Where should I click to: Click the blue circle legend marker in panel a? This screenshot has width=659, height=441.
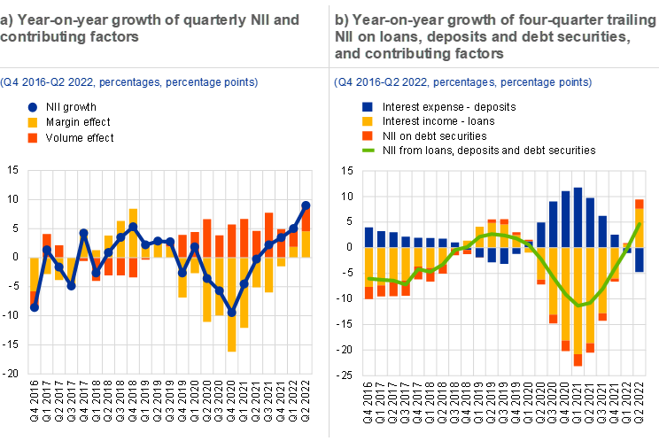tap(33, 107)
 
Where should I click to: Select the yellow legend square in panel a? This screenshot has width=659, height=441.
tap(33, 122)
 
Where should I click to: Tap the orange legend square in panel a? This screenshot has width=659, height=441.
tap(33, 137)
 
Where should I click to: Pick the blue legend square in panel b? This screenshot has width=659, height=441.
tap(368, 106)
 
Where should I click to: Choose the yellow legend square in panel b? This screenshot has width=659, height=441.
tap(368, 121)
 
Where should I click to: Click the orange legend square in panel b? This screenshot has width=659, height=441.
tap(368, 135)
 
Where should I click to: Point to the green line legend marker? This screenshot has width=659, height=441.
tap(368, 151)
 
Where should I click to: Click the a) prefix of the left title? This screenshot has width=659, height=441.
tap(8, 19)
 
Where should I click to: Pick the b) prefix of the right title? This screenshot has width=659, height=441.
tap(341, 19)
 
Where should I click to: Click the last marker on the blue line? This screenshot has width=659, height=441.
tap(306, 205)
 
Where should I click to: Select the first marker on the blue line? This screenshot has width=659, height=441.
tap(34, 307)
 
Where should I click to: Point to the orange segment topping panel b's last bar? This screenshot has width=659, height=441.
tap(640, 204)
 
